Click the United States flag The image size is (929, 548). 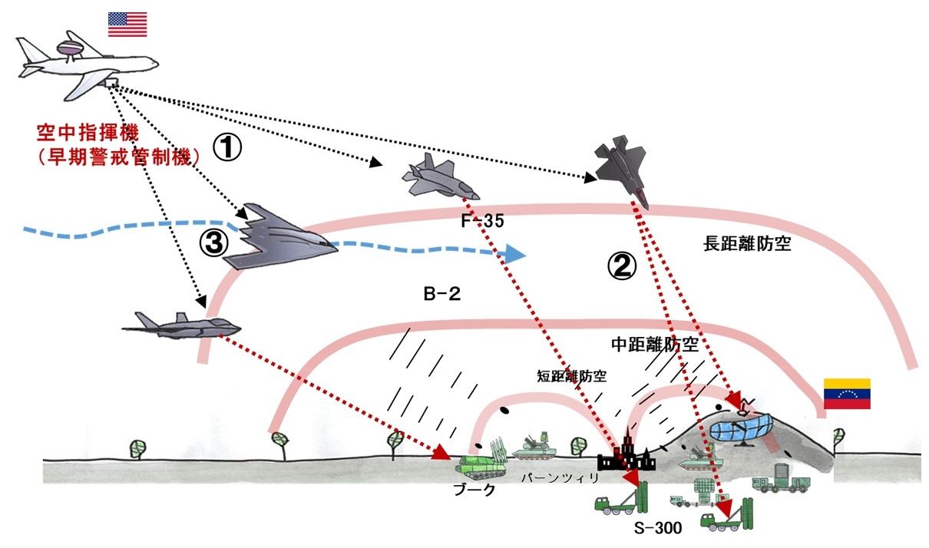(127, 24)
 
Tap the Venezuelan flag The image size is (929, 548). (846, 394)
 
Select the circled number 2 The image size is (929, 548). (622, 266)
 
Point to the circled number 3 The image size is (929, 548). (214, 243)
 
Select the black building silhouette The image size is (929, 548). (628, 456)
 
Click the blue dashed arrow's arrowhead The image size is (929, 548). (516, 253)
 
